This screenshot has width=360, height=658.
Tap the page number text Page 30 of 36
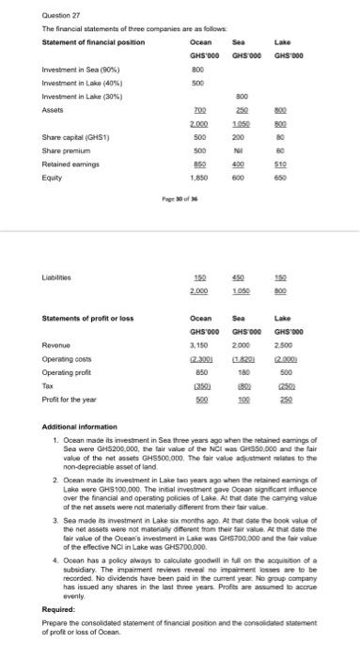click(x=177, y=208)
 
